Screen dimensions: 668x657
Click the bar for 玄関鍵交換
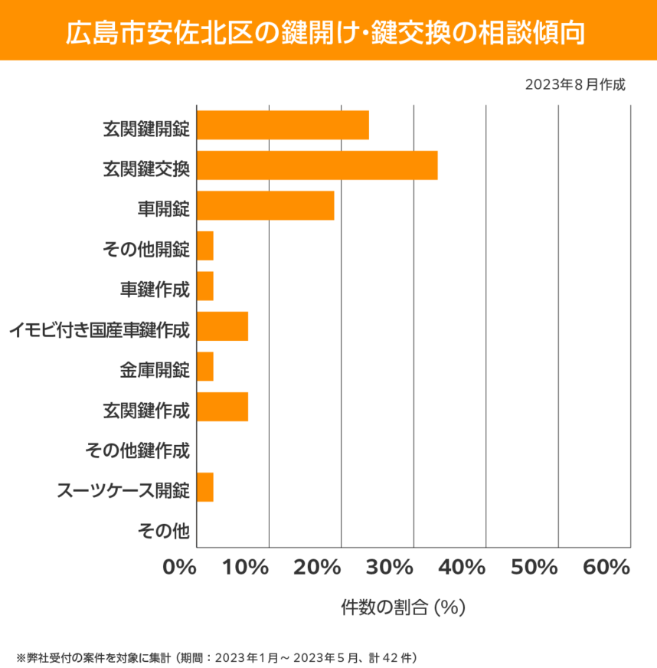[317, 165]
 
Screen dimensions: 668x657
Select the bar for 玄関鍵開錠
[283, 125]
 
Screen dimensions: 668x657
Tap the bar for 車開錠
[266, 206]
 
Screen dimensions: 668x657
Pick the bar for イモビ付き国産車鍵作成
[222, 327]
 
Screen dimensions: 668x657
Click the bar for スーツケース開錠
[205, 488]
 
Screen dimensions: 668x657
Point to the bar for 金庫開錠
[205, 367]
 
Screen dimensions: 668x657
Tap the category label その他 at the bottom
[163, 529]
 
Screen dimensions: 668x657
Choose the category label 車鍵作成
[154, 288]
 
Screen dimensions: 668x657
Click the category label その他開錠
[145, 248]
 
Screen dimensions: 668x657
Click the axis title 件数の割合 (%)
[404, 607]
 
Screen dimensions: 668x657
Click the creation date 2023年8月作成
[575, 84]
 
